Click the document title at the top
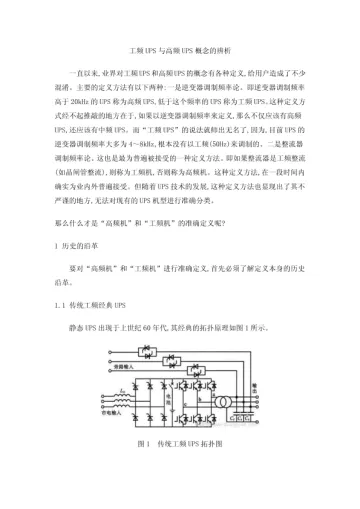click(x=180, y=49)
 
